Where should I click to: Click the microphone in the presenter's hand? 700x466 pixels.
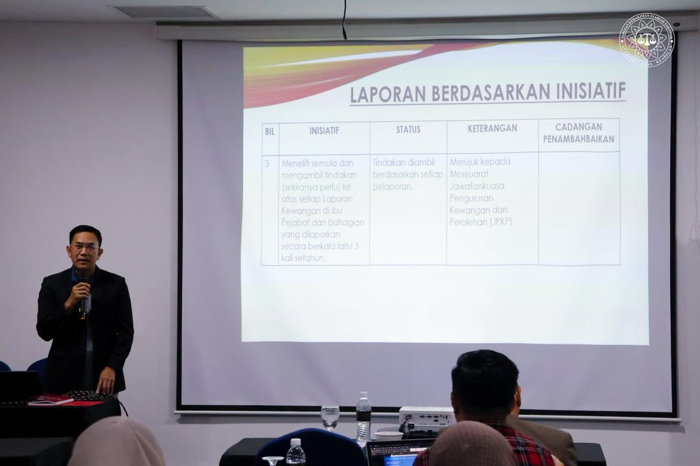click(83, 299)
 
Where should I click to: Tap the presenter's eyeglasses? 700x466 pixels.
click(85, 247)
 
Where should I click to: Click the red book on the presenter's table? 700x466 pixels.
click(51, 399)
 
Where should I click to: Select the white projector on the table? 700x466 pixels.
click(425, 417)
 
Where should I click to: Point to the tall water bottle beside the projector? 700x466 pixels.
click(364, 417)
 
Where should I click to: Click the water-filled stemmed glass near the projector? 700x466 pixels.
click(330, 416)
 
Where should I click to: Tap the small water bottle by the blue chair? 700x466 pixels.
click(296, 452)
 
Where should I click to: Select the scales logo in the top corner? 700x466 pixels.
click(646, 40)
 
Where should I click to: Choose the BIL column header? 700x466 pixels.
click(270, 131)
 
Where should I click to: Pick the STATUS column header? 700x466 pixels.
click(408, 129)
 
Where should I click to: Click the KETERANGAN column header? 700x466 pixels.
click(493, 128)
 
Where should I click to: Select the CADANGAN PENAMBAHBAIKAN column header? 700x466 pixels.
click(579, 133)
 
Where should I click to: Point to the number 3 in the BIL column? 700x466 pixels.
click(266, 164)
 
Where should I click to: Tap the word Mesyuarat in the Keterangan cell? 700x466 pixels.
click(470, 173)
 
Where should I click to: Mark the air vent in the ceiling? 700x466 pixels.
click(166, 12)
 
